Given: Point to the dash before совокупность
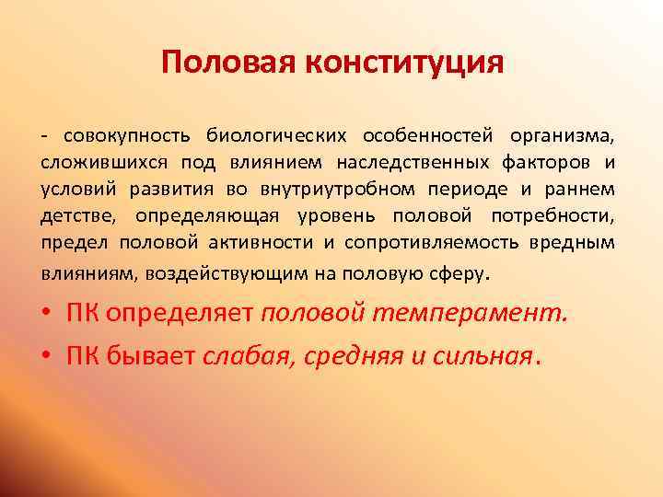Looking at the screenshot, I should (43, 137).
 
